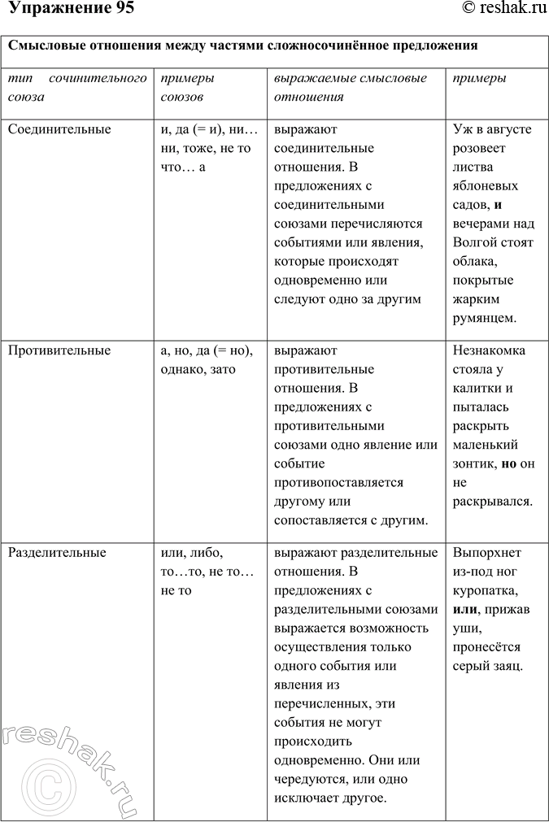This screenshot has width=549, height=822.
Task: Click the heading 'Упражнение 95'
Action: pyautogui.click(x=68, y=9)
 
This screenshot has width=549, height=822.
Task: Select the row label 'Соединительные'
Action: pyautogui.click(x=59, y=129)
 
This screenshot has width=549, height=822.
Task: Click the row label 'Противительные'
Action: pyautogui.click(x=59, y=350)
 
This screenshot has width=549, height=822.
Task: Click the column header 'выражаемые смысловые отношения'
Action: pyautogui.click(x=351, y=88)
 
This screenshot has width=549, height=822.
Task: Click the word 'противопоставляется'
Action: pyautogui.click(x=338, y=482)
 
